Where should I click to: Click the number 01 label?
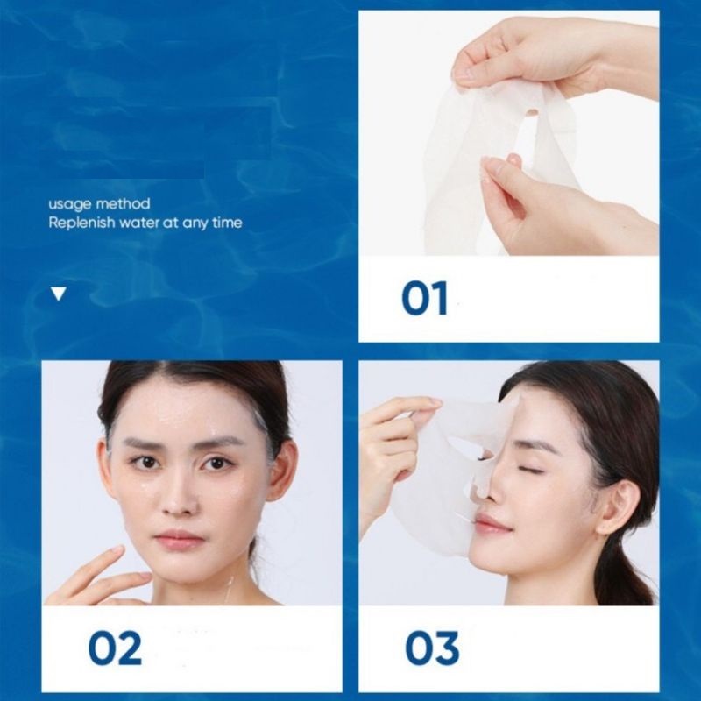tap(424, 298)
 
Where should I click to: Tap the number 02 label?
tap(115, 647)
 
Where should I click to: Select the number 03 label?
tap(432, 647)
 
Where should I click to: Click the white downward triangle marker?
tap(59, 294)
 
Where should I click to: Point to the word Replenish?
tap(81, 223)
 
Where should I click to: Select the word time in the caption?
tap(227, 223)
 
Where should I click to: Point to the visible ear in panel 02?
tap(284, 470)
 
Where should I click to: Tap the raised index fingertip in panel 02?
tap(117, 550)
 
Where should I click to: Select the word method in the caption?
tap(123, 204)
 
